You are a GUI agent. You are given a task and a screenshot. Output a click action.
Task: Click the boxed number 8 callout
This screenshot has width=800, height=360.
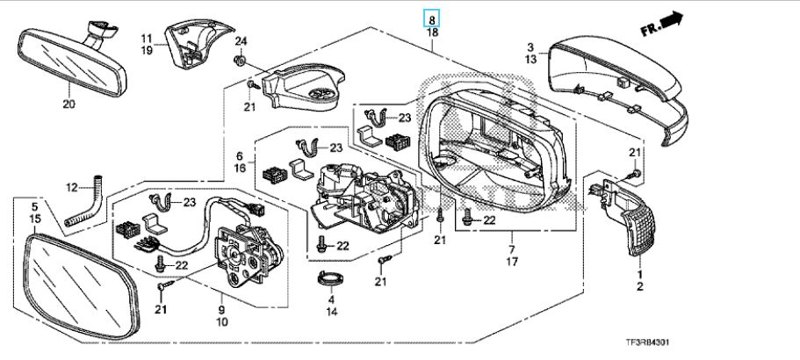pos(432,17)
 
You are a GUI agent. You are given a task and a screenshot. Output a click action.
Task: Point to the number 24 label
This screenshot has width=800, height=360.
pos(241,41)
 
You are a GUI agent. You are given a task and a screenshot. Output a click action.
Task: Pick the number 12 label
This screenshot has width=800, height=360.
pos(72,186)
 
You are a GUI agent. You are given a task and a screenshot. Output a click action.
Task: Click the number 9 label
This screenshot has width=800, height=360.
pos(220,310)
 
